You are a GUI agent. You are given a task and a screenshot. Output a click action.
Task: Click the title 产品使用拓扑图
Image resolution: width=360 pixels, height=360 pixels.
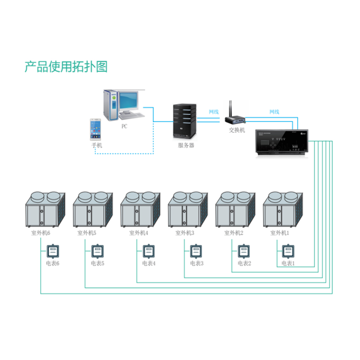click(x=66, y=66)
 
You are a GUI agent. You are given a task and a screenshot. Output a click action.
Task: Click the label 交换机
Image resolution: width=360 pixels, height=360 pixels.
click(x=237, y=130)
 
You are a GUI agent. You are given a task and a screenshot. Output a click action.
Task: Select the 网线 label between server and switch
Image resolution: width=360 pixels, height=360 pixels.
click(x=213, y=112)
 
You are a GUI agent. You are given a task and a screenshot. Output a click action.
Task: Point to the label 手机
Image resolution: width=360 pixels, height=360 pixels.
click(x=97, y=145)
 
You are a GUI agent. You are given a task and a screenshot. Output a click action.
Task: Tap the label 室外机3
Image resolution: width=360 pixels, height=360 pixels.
click(x=185, y=233)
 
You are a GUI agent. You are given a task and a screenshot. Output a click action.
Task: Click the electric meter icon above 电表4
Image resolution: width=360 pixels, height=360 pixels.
click(x=147, y=251)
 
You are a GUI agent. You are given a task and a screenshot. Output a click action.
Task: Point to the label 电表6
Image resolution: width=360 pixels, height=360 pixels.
click(x=53, y=263)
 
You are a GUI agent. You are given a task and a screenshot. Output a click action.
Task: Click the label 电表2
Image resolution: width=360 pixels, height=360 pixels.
click(x=244, y=263)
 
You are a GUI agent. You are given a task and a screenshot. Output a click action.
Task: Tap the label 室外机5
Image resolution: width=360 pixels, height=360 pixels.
click(x=86, y=233)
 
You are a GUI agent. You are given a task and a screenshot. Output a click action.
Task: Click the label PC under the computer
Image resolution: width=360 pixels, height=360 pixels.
click(x=124, y=126)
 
